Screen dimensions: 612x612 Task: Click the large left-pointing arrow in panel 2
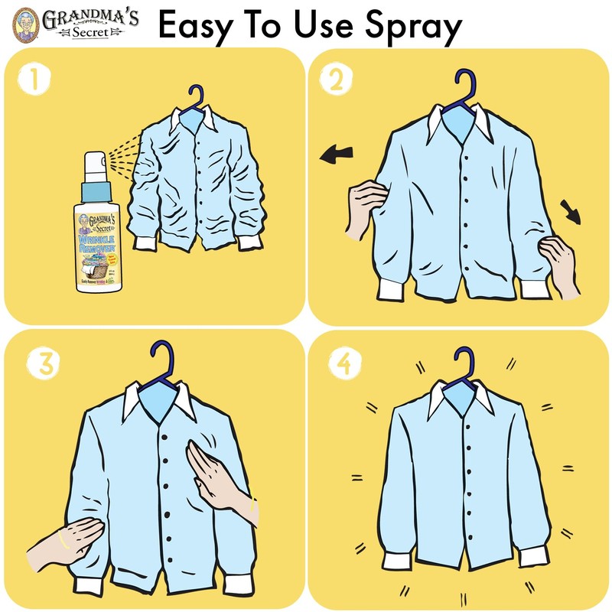[x=336, y=156]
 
